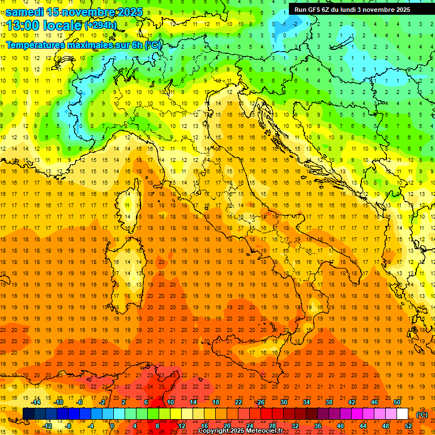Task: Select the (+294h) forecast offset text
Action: (100, 25)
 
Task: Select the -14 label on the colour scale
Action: (36, 402)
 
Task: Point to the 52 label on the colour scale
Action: (408, 425)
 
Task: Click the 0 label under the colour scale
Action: (112, 425)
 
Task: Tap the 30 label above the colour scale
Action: (283, 402)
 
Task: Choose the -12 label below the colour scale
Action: (48, 425)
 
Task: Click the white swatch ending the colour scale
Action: (403, 413)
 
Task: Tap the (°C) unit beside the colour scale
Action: (422, 414)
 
